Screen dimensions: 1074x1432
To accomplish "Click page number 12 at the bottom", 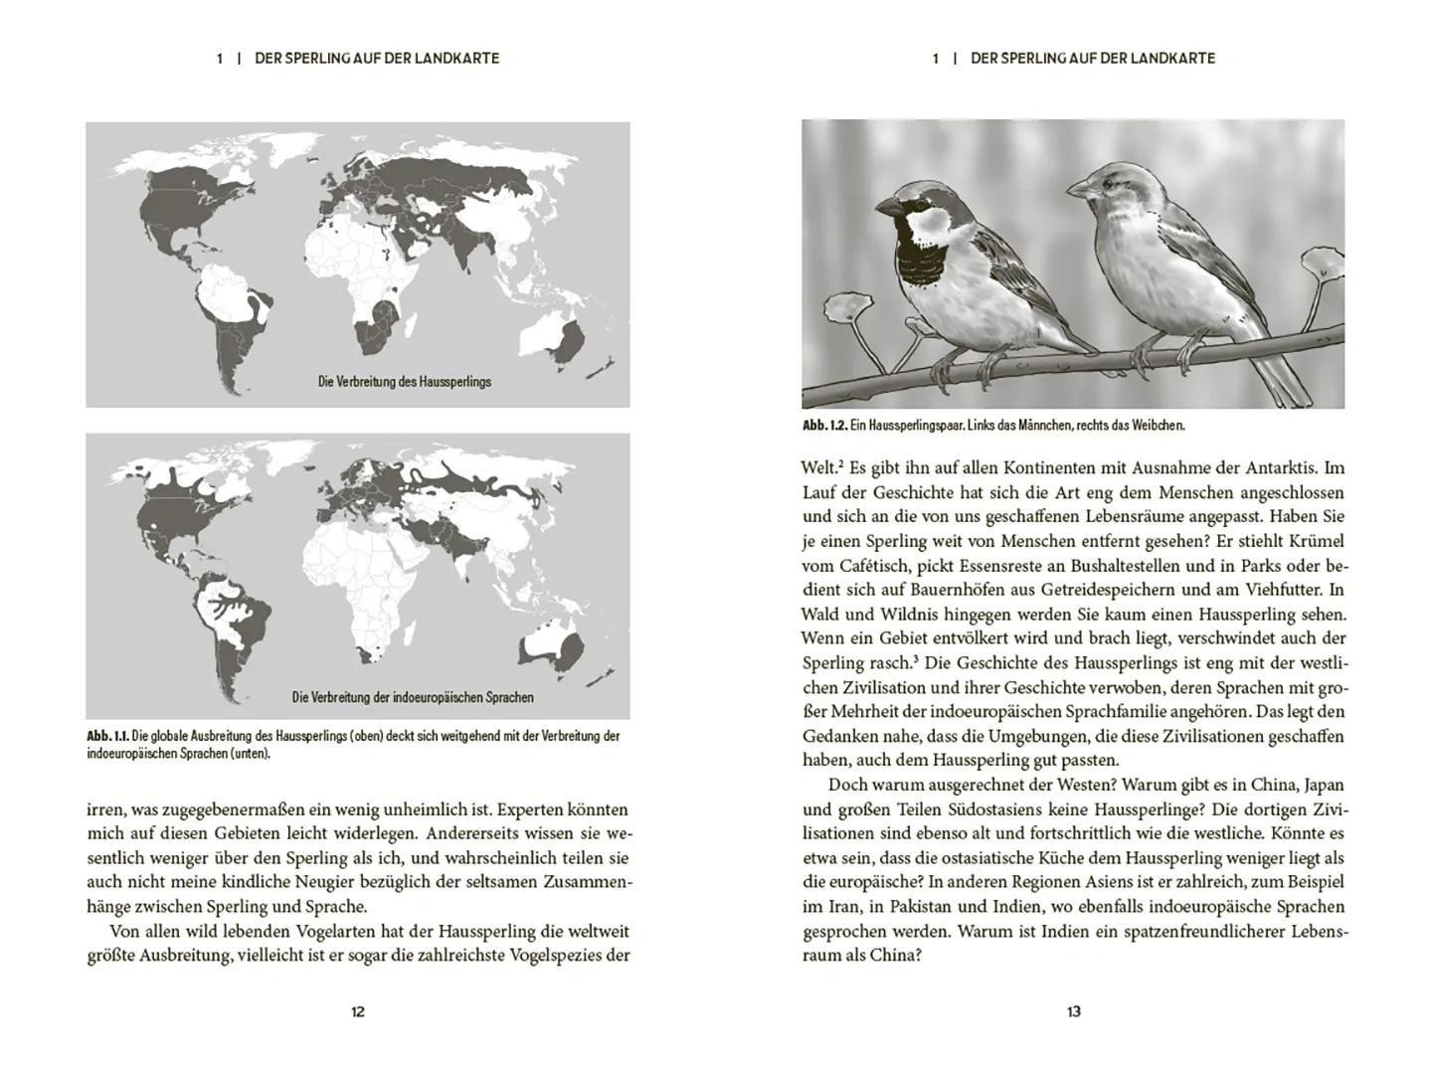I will click(x=358, y=1011).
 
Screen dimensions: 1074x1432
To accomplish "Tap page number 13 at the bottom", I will click(x=1074, y=1011).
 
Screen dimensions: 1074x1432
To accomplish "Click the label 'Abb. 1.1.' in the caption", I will click(x=108, y=737).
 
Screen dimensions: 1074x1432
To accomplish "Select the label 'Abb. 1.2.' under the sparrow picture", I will click(x=824, y=426).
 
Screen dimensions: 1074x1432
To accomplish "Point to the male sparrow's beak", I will click(x=887, y=206).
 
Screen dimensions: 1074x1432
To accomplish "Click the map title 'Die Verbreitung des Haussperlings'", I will click(x=404, y=382).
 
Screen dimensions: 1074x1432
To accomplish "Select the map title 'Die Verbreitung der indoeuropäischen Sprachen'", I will click(x=413, y=698).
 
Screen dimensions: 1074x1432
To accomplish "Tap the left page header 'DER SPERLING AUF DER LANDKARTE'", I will click(x=377, y=59).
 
